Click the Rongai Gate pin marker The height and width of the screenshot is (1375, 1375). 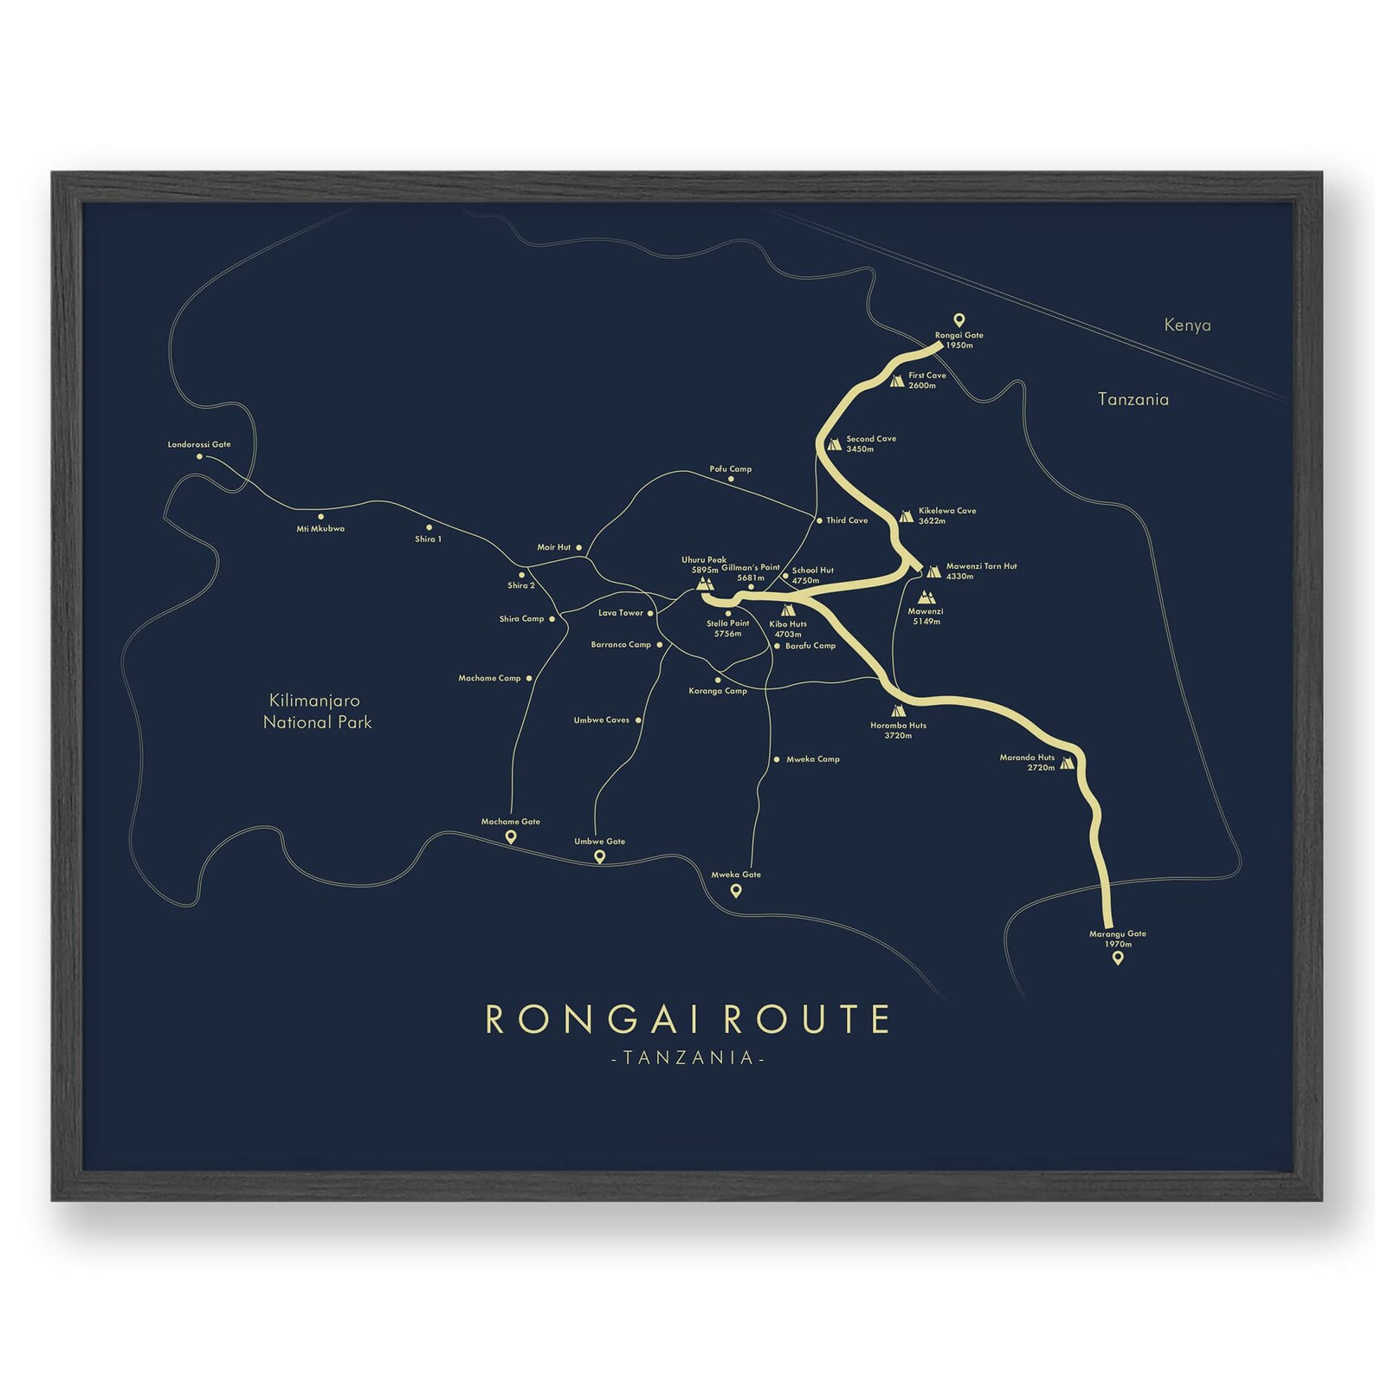click(x=959, y=320)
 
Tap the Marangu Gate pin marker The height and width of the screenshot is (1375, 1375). click(x=1118, y=958)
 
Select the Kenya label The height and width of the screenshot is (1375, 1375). click(x=1187, y=326)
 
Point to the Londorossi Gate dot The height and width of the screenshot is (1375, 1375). click(x=199, y=456)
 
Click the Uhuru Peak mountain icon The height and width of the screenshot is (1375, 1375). click(x=704, y=584)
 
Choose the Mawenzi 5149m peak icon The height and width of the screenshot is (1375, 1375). click(x=926, y=597)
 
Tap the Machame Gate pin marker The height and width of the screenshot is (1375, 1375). click(x=511, y=836)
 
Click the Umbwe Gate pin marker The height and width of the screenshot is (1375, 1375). click(x=599, y=856)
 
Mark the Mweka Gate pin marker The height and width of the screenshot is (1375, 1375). click(x=736, y=890)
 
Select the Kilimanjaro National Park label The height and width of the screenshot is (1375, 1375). click(x=317, y=711)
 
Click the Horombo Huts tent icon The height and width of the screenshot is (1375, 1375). click(x=898, y=711)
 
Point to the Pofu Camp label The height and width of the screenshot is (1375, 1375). click(x=731, y=468)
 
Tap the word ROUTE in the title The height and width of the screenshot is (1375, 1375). click(x=806, y=1020)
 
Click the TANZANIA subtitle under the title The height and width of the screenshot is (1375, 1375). click(x=688, y=1058)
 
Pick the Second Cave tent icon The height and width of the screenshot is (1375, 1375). click(x=834, y=444)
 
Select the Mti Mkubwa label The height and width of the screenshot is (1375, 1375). click(x=320, y=528)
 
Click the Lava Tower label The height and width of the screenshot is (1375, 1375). click(x=621, y=613)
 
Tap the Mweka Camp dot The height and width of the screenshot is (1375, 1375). click(x=776, y=759)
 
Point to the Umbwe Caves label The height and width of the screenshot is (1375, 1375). click(x=601, y=720)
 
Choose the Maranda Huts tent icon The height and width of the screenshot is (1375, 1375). click(x=1067, y=763)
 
